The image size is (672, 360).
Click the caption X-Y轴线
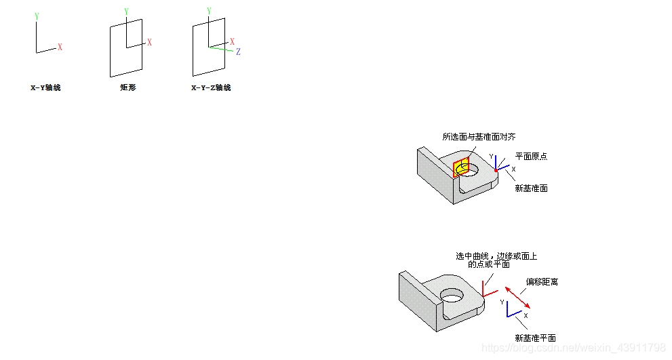(45, 87)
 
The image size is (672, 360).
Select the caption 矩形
(127, 87)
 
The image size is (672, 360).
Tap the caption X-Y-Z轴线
(211, 87)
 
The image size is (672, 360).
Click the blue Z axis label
(238, 52)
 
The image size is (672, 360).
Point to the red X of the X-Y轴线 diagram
(60, 47)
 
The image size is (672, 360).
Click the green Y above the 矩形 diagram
(127, 12)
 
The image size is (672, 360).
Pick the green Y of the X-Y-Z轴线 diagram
(209, 12)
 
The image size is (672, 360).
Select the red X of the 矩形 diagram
(149, 43)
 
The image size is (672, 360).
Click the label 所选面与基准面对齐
(479, 137)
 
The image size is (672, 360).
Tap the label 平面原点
(531, 156)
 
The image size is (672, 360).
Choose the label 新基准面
(531, 188)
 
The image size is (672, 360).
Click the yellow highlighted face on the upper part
(461, 167)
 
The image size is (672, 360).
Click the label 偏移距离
(542, 281)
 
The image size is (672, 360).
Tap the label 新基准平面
(535, 338)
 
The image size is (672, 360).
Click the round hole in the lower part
(452, 296)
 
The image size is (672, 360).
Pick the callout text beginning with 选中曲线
(496, 260)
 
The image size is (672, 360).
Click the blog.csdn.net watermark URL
(574, 347)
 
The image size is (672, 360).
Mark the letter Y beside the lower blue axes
(502, 302)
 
